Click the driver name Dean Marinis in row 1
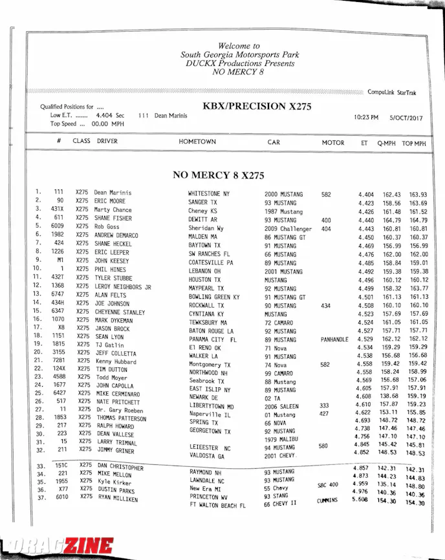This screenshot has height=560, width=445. click(x=113, y=193)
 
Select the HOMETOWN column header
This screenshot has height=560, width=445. click(x=197, y=142)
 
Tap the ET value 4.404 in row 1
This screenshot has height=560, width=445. click(x=365, y=194)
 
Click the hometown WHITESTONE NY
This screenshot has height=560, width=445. click(x=208, y=193)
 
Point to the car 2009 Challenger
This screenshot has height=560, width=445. click(x=288, y=229)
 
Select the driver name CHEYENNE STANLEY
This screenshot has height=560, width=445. click(x=120, y=312)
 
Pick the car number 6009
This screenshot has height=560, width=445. click(x=58, y=227)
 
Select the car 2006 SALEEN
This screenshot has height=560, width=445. click(x=283, y=406)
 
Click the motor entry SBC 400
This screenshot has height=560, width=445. click(x=328, y=485)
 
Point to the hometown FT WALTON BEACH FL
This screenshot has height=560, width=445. click(x=217, y=506)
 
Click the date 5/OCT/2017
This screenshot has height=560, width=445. click(x=406, y=118)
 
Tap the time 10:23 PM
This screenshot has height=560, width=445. click(x=366, y=118)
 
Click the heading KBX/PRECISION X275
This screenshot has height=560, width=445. click(x=257, y=106)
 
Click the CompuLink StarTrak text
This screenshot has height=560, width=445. click(x=392, y=92)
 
